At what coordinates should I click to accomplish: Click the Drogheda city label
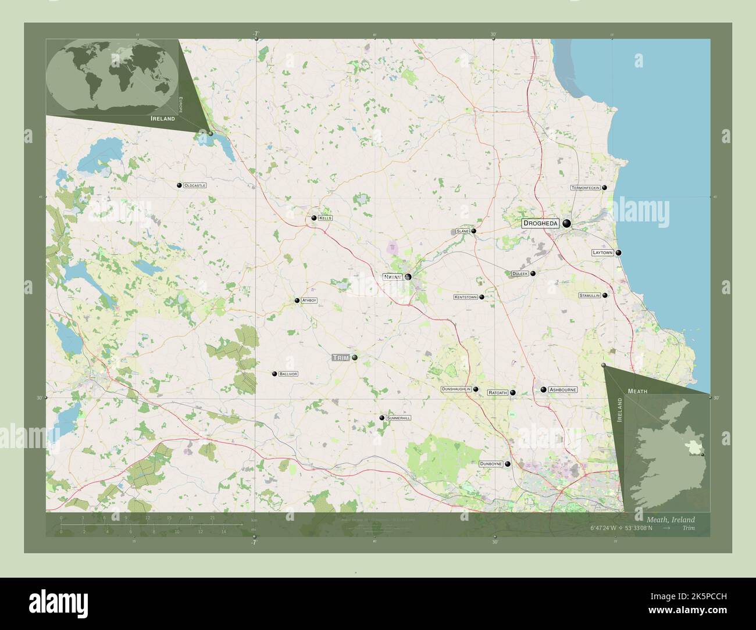540,223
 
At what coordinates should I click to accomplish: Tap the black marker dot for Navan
408,277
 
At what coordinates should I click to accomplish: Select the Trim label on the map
341,357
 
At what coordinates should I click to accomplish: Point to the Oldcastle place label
195,185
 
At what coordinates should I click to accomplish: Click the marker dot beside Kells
314,218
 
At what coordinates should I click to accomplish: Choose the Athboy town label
309,300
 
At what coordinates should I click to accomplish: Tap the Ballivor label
288,374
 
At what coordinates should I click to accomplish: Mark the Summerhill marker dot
381,418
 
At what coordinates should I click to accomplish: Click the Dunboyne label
491,464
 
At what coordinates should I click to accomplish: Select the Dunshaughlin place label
456,389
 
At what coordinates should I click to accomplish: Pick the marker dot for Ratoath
513,393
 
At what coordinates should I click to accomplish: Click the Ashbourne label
562,389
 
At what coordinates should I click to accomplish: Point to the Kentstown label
465,297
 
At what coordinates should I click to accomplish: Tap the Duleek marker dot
533,273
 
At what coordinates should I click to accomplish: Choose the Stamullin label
589,295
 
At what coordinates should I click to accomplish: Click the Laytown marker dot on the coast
619,253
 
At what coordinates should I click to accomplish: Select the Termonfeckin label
585,188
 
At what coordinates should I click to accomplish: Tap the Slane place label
462,231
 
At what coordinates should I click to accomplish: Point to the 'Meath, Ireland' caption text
671,520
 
